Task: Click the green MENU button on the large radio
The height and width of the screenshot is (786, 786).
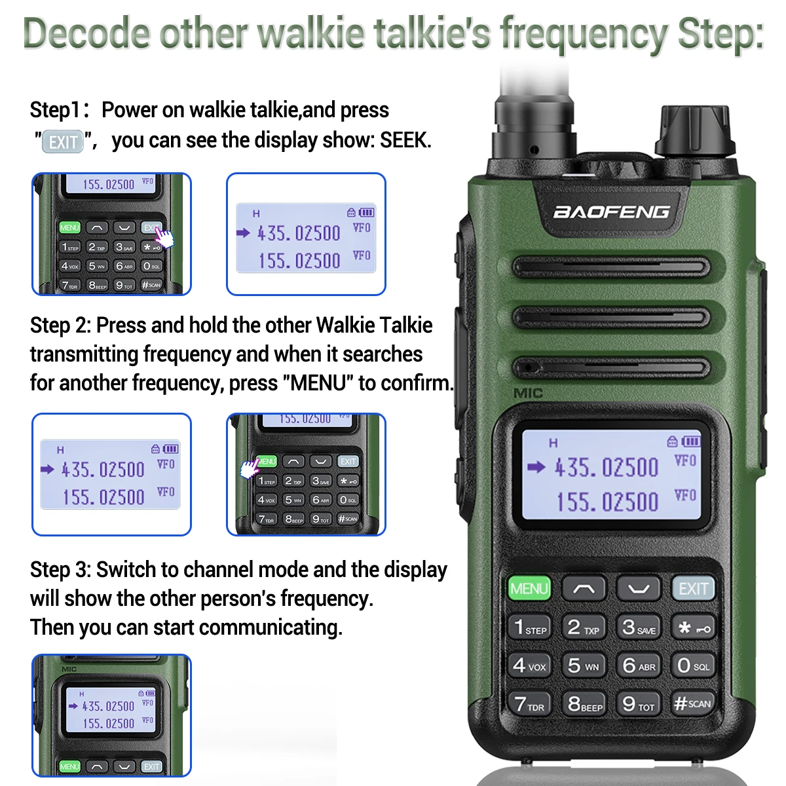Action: click(x=529, y=588)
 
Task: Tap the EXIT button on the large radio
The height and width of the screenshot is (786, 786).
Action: click(x=693, y=588)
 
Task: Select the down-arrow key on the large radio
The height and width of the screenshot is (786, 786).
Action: click(x=639, y=588)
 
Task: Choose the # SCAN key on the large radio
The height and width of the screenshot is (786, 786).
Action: click(x=692, y=703)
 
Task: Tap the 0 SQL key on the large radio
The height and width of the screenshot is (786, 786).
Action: click(x=692, y=665)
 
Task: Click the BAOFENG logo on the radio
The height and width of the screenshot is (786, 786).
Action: click(x=611, y=212)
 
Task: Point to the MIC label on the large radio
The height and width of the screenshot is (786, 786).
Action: click(x=528, y=393)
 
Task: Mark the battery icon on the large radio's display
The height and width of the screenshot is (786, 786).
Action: click(x=691, y=441)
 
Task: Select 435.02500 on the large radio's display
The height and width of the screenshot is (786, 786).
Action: click(x=606, y=468)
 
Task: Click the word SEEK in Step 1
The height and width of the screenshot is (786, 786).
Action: click(x=405, y=140)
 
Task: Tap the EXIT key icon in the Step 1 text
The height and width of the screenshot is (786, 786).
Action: click(x=63, y=141)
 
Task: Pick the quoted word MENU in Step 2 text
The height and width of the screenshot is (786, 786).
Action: click(x=318, y=383)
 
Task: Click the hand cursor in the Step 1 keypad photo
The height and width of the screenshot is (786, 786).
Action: click(x=164, y=237)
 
